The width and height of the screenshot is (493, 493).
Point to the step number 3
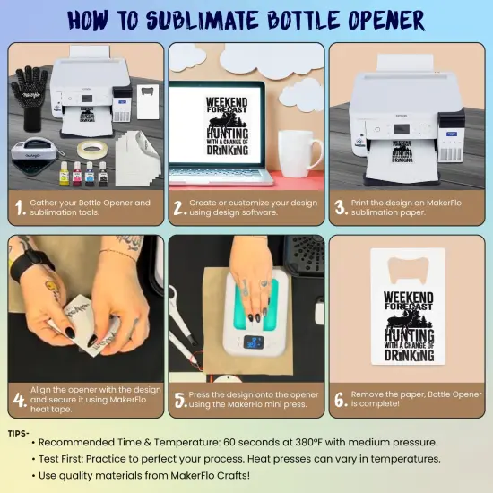point(341,208)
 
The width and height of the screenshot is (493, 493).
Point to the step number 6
point(341,400)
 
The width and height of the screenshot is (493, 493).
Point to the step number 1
point(20,208)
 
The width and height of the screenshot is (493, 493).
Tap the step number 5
point(180,400)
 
